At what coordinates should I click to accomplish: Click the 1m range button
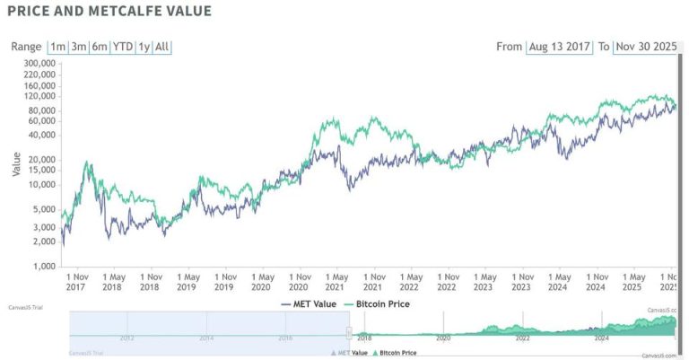57,47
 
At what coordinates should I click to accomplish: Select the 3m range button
79,47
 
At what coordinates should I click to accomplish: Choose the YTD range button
123,47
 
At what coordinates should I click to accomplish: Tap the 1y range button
144,47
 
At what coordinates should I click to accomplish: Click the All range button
162,47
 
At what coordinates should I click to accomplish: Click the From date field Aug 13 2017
559,47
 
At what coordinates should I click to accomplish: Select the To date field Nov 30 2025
645,47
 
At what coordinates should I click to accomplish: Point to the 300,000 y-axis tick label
39,64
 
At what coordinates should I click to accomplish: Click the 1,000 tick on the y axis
44,267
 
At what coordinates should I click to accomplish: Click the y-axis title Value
16,163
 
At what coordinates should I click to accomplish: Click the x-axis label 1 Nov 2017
75,282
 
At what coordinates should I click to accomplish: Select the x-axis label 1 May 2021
336,282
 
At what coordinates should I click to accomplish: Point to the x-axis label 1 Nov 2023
522,282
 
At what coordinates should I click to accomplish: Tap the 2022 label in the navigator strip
522,338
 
